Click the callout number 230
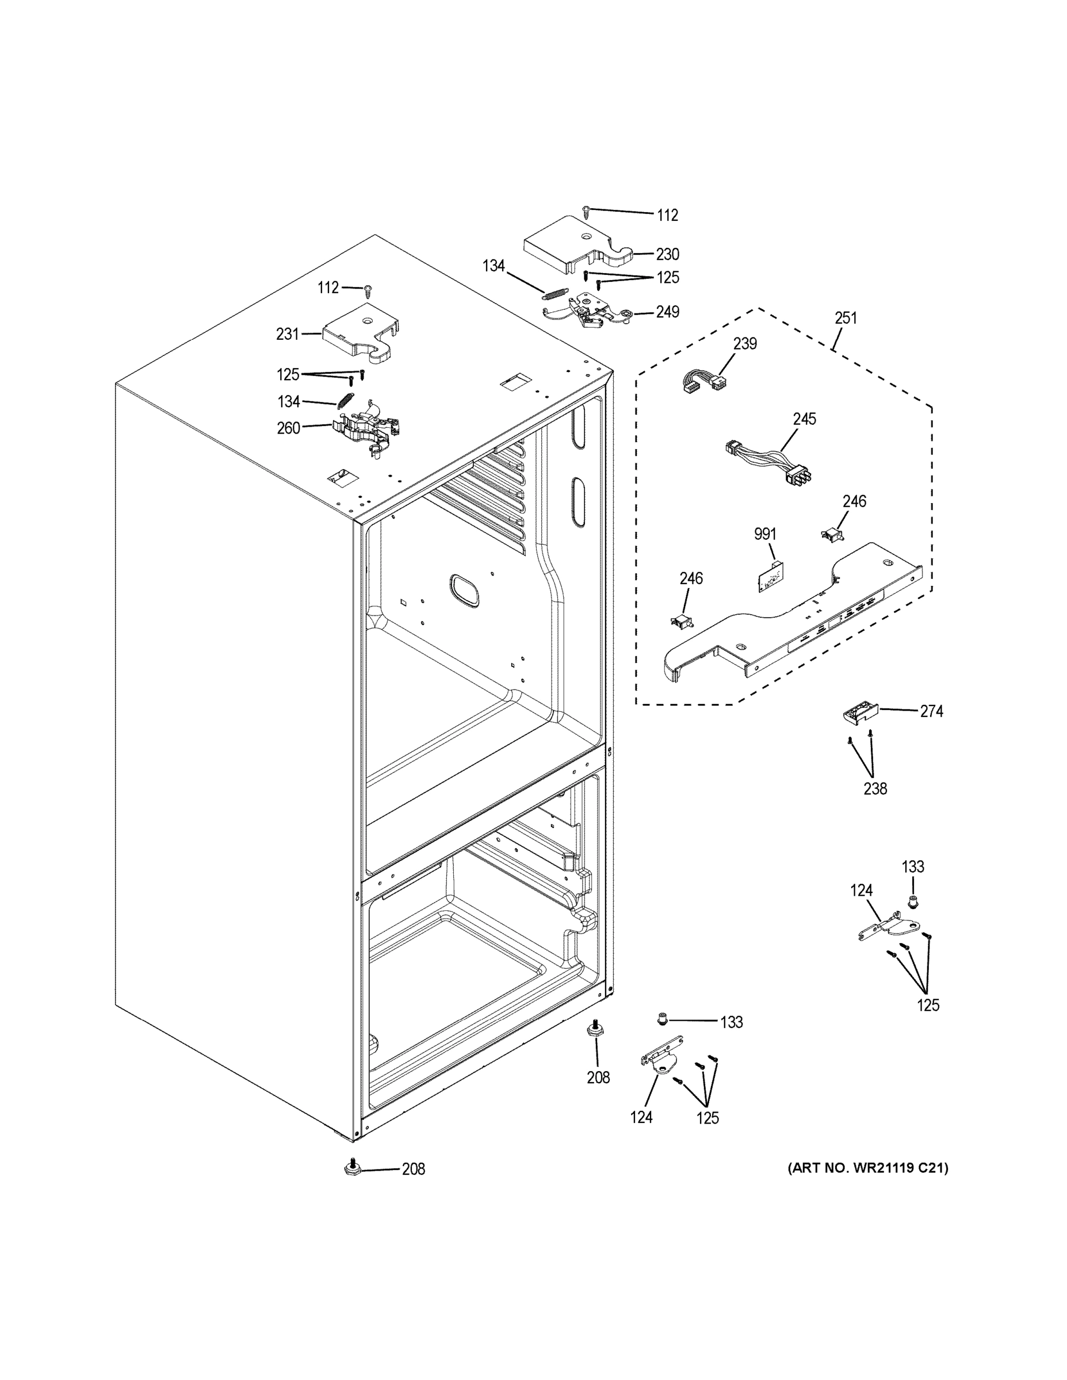pyautogui.click(x=667, y=254)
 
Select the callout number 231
pyautogui.click(x=287, y=333)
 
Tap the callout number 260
pyautogui.click(x=288, y=428)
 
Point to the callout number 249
pyautogui.click(x=667, y=312)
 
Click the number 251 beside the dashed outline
pyautogui.click(x=845, y=318)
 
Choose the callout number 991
pyautogui.click(x=765, y=534)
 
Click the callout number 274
pyautogui.click(x=931, y=711)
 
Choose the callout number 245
pyautogui.click(x=804, y=419)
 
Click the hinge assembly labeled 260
pyautogui.click(x=366, y=429)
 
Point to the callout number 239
pyautogui.click(x=745, y=344)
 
